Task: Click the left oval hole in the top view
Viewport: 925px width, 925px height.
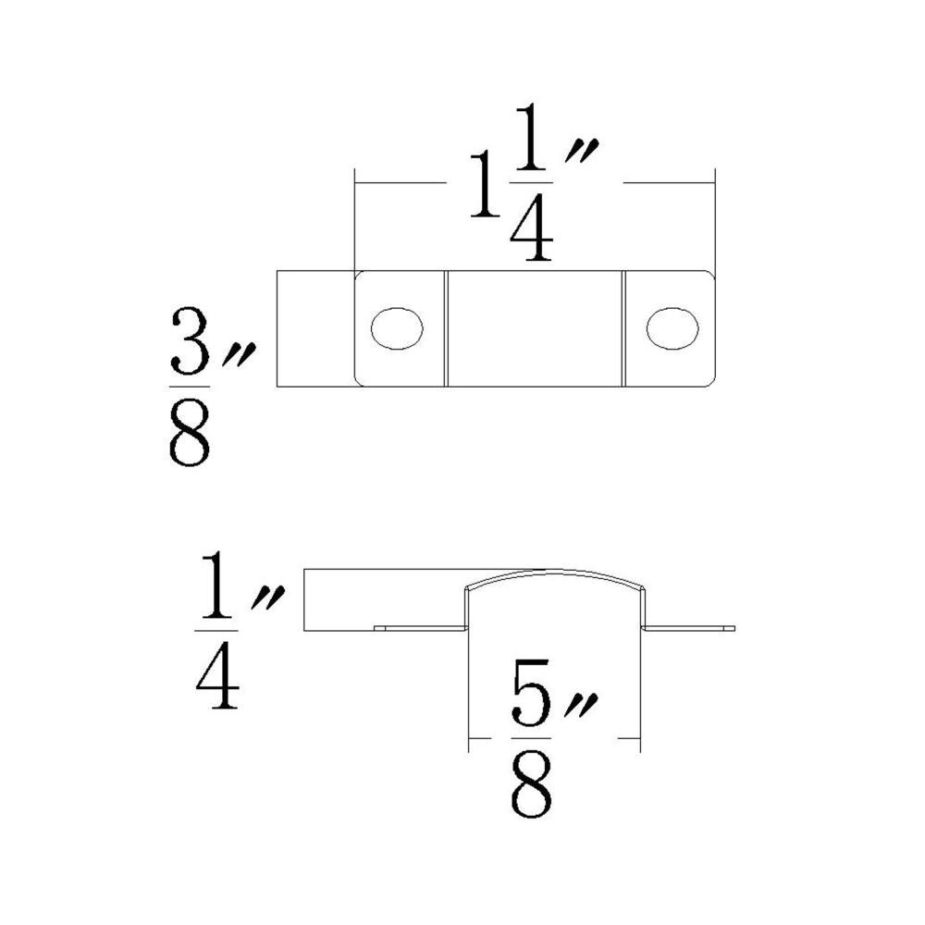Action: pos(397,327)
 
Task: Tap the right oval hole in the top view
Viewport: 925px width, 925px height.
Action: pos(672,327)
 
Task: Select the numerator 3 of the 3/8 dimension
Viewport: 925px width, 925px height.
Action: pos(190,341)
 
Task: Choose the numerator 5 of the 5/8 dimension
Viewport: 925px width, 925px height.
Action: pos(531,700)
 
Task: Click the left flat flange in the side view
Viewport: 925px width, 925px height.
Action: pos(421,628)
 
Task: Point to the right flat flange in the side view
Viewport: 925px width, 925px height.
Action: pos(688,628)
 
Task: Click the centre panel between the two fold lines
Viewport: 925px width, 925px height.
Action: pos(535,327)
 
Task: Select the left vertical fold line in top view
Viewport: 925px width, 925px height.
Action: pos(446,327)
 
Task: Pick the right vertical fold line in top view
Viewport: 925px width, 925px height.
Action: pos(623,327)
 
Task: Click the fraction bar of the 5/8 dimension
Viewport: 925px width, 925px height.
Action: pos(531,740)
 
